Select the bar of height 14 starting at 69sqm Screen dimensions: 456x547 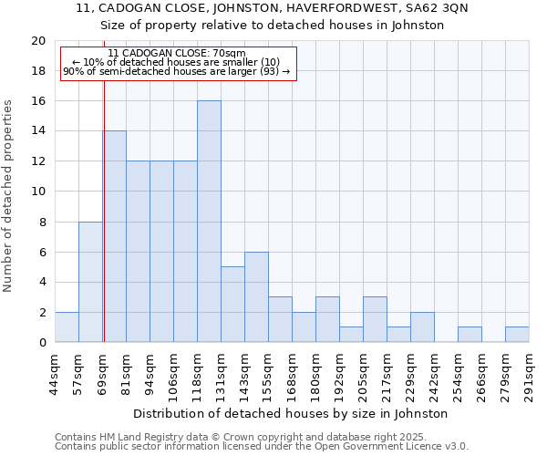tap(115, 236)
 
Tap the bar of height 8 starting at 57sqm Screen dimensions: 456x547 tap(90, 282)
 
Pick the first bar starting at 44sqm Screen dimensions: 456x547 tap(67, 327)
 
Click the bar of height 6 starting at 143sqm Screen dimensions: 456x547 tap(256, 297)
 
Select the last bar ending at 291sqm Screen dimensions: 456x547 tap(517, 335)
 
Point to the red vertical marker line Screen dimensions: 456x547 tap(104, 210)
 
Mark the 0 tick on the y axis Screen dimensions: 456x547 tap(42, 343)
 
